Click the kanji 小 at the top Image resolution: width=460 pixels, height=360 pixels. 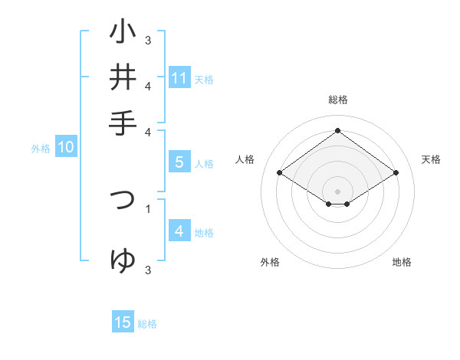click(123, 33)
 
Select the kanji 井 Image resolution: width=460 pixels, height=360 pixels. click(123, 77)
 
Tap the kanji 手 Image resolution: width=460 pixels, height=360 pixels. click(123, 123)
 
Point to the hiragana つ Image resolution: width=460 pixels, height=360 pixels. click(123, 199)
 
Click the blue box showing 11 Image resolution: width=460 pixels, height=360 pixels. click(179, 78)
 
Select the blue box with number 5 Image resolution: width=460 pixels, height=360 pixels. click(179, 162)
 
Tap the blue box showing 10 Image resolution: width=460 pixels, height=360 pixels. click(65, 148)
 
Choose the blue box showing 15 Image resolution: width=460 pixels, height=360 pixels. click(123, 322)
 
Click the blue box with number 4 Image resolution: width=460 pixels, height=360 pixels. click(179, 231)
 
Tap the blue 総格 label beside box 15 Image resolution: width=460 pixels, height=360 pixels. click(147, 324)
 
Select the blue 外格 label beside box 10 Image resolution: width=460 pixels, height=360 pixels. click(41, 149)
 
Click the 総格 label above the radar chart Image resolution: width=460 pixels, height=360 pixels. click(337, 100)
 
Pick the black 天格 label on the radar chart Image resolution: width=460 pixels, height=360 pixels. click(432, 159)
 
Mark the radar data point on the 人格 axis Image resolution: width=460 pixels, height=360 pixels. click(280, 173)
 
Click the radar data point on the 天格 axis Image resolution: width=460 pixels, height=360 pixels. click(396, 173)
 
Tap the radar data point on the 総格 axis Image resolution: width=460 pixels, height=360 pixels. click(337, 130)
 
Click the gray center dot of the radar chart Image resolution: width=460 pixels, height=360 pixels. click(337, 191)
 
